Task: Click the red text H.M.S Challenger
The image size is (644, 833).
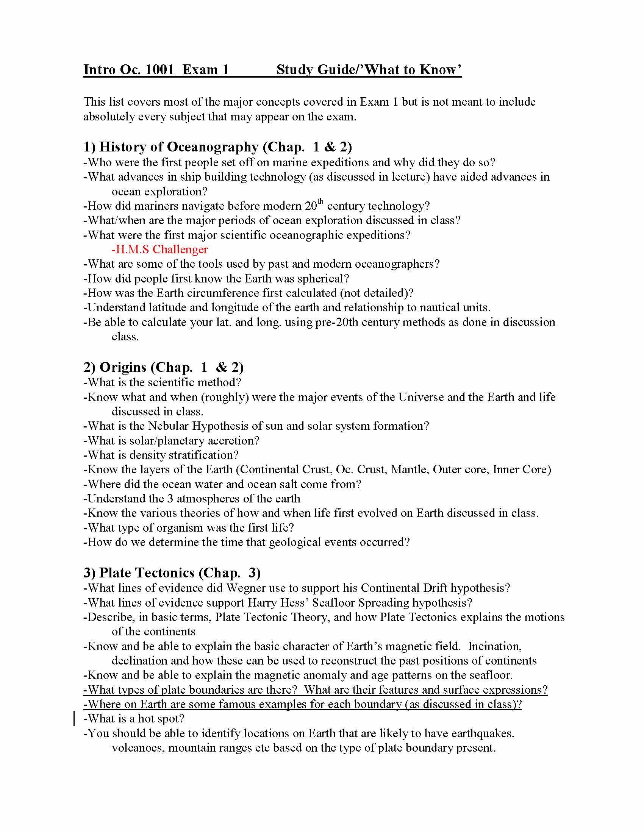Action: tap(159, 250)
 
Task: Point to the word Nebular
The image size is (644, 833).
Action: tap(168, 426)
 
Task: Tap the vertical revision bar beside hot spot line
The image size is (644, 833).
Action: tap(73, 719)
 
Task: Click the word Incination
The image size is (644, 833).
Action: tap(494, 646)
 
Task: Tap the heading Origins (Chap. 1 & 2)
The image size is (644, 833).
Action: tap(163, 367)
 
